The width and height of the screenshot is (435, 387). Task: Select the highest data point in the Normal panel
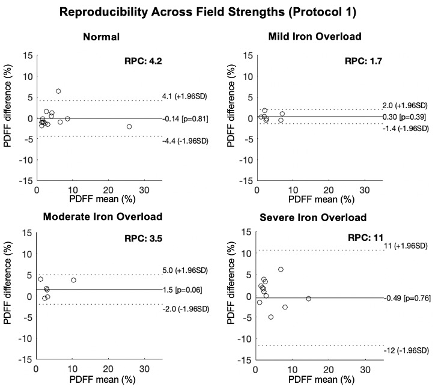point(58,91)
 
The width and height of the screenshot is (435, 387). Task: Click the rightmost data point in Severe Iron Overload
point(309,299)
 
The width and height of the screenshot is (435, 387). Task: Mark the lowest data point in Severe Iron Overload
point(271,317)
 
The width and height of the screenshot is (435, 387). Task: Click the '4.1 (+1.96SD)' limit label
point(184,96)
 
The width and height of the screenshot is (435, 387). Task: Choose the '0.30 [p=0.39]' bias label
point(406,117)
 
